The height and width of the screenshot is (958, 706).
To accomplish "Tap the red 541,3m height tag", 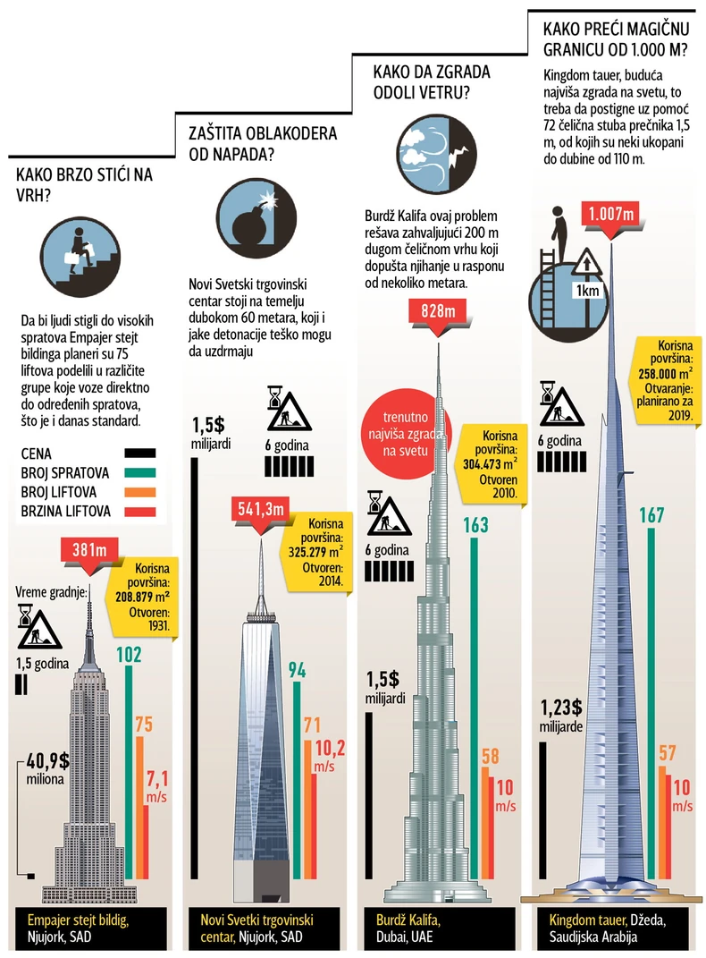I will coord(260,509).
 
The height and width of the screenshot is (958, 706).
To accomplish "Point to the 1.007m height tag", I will coord(611,215).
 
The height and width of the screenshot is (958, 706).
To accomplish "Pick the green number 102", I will coord(129,655).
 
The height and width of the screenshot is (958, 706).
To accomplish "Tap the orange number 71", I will coord(312,725).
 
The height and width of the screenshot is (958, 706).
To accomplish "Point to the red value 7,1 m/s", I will coord(156,784).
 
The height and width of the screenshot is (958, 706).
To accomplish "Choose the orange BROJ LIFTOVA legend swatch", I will coord(140,492).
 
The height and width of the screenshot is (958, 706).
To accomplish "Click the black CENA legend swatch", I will coord(140,454).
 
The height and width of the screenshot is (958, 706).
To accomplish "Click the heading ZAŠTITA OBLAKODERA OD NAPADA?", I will coord(262,143).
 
